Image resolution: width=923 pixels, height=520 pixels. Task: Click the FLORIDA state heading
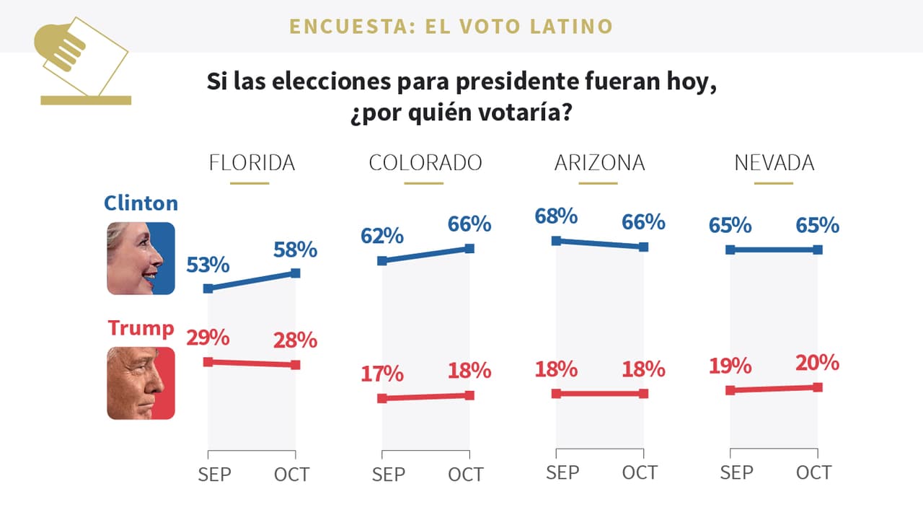252,163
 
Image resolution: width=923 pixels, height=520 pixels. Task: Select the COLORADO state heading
425,163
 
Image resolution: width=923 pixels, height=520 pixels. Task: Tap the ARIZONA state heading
599,163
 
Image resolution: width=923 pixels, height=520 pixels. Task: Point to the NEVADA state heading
774,163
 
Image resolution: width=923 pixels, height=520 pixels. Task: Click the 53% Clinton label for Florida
208,265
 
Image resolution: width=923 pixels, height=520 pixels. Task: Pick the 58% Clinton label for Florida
295,250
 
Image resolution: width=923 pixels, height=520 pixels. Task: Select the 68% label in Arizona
556,216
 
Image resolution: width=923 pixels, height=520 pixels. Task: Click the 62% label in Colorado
382,236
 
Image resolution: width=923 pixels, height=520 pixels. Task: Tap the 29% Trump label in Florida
208,338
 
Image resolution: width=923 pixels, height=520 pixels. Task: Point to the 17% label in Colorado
382,374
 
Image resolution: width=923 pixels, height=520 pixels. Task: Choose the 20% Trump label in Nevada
818,363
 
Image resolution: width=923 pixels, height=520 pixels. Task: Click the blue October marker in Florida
295,273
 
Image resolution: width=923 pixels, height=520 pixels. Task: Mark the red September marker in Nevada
730,390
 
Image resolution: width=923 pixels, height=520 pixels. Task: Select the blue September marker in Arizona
556,240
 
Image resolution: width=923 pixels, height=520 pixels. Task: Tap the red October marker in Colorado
469,395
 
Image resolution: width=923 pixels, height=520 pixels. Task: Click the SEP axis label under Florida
214,474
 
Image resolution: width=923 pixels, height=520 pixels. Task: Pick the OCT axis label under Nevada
813,472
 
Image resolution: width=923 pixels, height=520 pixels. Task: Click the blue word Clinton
141,203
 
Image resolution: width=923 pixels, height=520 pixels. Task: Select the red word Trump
141,328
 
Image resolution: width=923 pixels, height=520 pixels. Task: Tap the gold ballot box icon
83,61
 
